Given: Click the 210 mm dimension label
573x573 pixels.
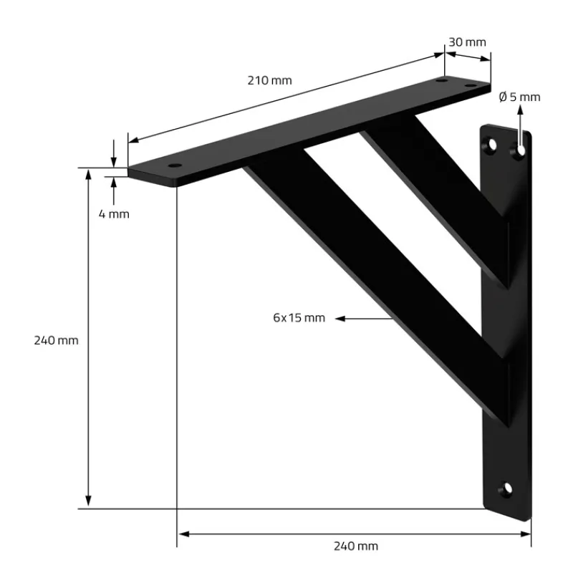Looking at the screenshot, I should pyautogui.click(x=270, y=80).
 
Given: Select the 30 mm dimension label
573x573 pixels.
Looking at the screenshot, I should pyautogui.click(x=468, y=42).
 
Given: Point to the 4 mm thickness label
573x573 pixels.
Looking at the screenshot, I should pyautogui.click(x=114, y=213).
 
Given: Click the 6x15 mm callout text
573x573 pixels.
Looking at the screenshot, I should pyautogui.click(x=299, y=318).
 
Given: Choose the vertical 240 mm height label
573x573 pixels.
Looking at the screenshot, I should pyautogui.click(x=56, y=341).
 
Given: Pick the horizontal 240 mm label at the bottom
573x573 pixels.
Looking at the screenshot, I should pyautogui.click(x=356, y=546).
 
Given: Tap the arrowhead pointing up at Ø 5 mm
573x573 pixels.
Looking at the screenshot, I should pyautogui.click(x=520, y=110).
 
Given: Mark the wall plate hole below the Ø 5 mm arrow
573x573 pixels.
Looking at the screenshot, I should pyautogui.click(x=520, y=150).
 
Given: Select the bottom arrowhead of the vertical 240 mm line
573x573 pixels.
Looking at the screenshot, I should pyautogui.click(x=89, y=503).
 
